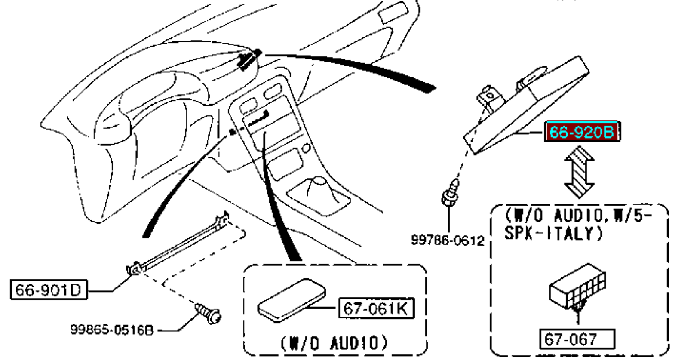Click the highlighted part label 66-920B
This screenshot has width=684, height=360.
[581, 133]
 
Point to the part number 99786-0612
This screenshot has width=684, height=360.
[447, 241]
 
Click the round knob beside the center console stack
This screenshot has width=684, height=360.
[306, 149]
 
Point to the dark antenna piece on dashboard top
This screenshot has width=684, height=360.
[249, 59]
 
